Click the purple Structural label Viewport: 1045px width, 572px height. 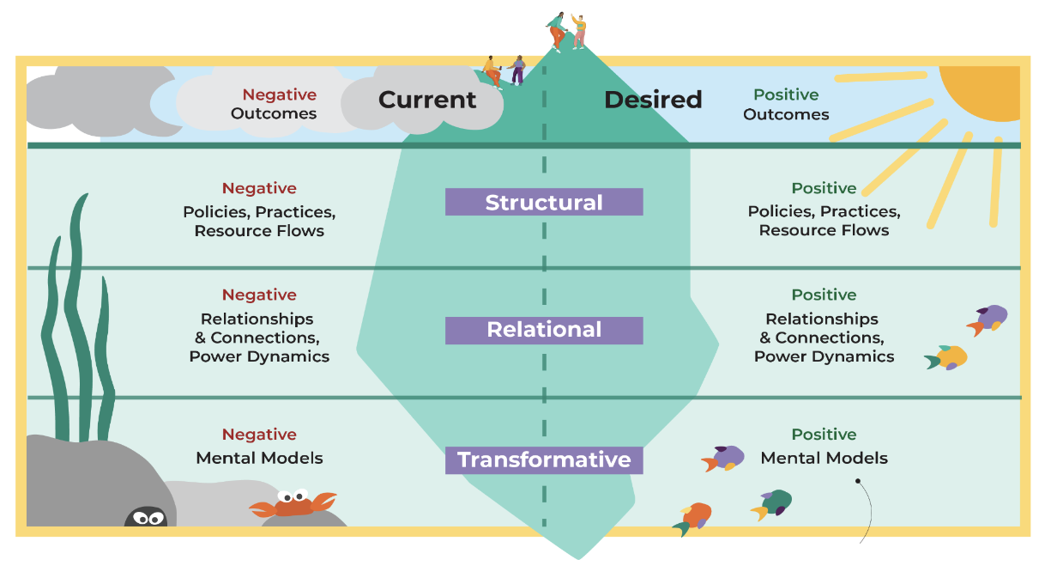point(544,203)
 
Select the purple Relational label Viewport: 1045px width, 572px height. point(544,331)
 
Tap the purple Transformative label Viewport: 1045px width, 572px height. point(544,460)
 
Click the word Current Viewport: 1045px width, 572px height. point(427,100)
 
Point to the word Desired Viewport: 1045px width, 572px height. point(653,100)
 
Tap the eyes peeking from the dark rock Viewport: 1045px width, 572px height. point(147,517)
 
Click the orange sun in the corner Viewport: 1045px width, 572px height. point(982,90)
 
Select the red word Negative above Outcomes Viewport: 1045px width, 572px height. point(279,94)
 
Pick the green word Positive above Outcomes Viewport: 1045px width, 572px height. point(786,94)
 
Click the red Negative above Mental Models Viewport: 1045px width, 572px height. point(259,435)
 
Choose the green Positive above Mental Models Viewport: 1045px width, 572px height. point(824,435)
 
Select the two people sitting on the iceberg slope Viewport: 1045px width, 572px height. point(504,70)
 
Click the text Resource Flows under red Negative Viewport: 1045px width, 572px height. point(259,231)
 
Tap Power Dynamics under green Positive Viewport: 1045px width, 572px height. point(824,356)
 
